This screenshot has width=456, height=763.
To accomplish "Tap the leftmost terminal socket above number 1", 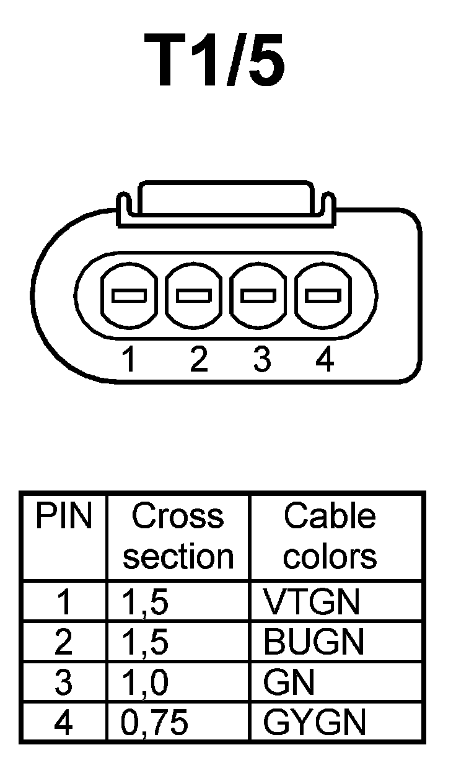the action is (129, 295).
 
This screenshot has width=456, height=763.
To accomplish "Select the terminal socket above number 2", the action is (194, 295).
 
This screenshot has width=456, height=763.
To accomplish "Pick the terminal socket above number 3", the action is (258, 295).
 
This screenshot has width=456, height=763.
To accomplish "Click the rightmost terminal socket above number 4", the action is (323, 295).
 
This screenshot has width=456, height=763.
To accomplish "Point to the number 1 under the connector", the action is (129, 359).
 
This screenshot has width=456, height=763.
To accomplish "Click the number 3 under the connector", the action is (262, 359).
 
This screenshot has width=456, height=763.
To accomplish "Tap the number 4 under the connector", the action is (325, 359).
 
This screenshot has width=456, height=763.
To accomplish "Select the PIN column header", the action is (63, 517).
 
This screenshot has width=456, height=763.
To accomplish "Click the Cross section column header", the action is (178, 536).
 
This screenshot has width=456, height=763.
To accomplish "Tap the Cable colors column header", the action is (330, 536).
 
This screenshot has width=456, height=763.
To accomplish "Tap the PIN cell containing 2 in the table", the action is (63, 642).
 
